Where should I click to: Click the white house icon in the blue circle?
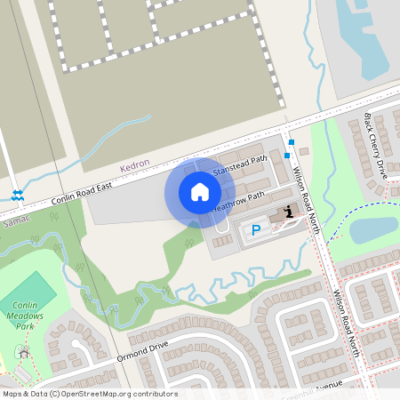[x=200, y=192]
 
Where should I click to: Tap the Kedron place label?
[x=135, y=165]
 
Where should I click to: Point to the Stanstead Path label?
[x=240, y=166]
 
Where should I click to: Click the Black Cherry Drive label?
[x=375, y=146]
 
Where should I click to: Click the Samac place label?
[x=17, y=219]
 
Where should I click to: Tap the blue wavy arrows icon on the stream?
[x=17, y=195]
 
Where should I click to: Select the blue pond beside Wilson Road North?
[x=373, y=230]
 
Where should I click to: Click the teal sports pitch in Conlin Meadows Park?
[x=29, y=291]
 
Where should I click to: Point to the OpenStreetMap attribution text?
[x=89, y=394]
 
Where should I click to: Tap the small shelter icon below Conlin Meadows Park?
[x=23, y=353]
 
